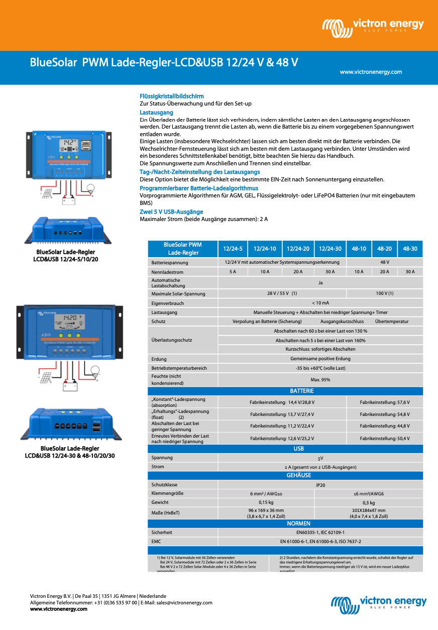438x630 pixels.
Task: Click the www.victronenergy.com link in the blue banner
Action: [371, 72]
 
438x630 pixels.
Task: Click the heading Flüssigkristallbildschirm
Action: [171, 96]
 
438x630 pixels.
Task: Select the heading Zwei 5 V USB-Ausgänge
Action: [171, 212]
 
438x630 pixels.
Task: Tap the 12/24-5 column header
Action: [233, 249]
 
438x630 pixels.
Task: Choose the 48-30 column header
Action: [410, 249]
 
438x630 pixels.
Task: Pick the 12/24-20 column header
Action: [298, 249]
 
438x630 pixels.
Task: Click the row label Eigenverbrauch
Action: [168, 303]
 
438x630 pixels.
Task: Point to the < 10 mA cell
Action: [320, 303]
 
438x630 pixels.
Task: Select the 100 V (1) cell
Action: [385, 293]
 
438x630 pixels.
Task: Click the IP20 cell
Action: [320, 485]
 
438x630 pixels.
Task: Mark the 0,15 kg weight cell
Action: [266, 502]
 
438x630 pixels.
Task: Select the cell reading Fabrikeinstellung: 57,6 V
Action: [384, 402]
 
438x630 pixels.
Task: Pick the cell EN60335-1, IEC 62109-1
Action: [320, 533]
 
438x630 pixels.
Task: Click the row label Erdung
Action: [159, 359]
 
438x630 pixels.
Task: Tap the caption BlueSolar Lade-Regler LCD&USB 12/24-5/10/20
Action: [65, 255]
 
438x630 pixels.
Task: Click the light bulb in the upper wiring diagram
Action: [91, 188]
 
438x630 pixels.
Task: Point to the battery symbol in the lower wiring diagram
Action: [69, 386]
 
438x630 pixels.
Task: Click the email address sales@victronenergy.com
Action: [184, 602]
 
